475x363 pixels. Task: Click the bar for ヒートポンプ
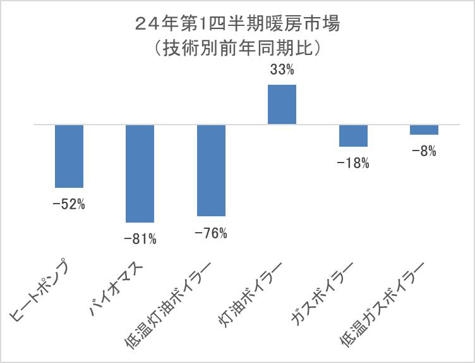point(69,156)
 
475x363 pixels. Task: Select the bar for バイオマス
point(140,173)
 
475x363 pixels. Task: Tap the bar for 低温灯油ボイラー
point(211,171)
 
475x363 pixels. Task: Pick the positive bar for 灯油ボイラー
point(282,104)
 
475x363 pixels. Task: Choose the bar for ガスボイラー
point(353,136)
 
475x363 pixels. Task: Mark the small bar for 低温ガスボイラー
point(424,130)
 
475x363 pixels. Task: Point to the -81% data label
point(140,239)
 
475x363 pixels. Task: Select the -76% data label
point(211,233)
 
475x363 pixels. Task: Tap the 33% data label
point(282,70)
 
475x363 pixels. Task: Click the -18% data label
point(353,163)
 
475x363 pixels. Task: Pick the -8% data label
point(424,151)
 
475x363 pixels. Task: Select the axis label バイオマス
point(117,282)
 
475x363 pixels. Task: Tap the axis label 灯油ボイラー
point(250,293)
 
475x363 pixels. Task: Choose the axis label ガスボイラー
point(321,293)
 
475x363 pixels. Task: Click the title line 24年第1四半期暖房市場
point(237,25)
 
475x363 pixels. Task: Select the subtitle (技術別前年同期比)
point(237,47)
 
